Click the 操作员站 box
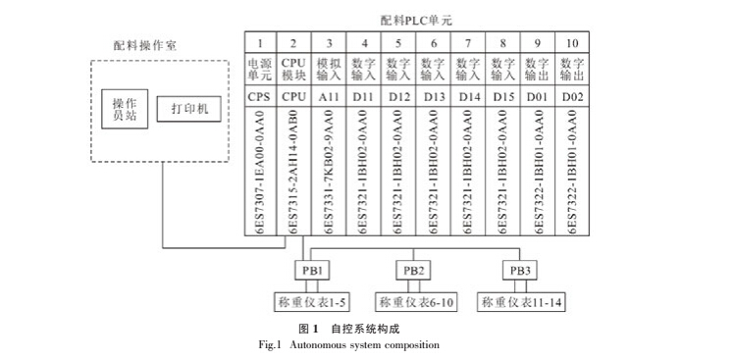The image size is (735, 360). (125, 111)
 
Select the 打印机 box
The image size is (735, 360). (188, 110)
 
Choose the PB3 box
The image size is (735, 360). (517, 270)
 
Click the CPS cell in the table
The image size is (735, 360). (260, 97)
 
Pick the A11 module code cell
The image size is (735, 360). (329, 97)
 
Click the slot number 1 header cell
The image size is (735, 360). (260, 43)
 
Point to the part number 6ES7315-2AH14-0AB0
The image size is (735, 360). (294, 172)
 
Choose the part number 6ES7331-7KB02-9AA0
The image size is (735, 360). (329, 172)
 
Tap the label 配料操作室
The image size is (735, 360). (145, 45)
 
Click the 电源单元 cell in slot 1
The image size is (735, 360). (260, 70)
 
